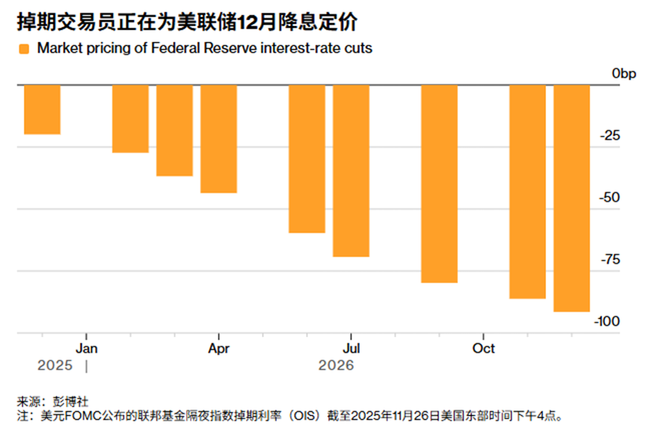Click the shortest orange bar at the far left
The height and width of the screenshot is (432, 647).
[x=42, y=110]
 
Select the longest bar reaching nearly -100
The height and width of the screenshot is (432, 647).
[x=571, y=198]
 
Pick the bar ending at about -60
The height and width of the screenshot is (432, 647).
[x=307, y=159]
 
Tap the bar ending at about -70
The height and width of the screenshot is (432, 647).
[x=351, y=171]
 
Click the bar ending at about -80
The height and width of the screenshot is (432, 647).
[x=439, y=184]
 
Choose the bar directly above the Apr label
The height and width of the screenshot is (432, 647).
[x=218, y=139]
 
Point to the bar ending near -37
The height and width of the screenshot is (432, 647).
[x=174, y=131]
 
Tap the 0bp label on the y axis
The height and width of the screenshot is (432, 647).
[x=623, y=74]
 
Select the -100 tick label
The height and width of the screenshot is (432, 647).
[x=607, y=321]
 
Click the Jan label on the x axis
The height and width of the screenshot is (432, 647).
[x=87, y=348]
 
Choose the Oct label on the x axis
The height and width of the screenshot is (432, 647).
[x=484, y=348]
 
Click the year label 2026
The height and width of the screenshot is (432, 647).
[x=336, y=366]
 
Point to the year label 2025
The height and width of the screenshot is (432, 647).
[x=55, y=366]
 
